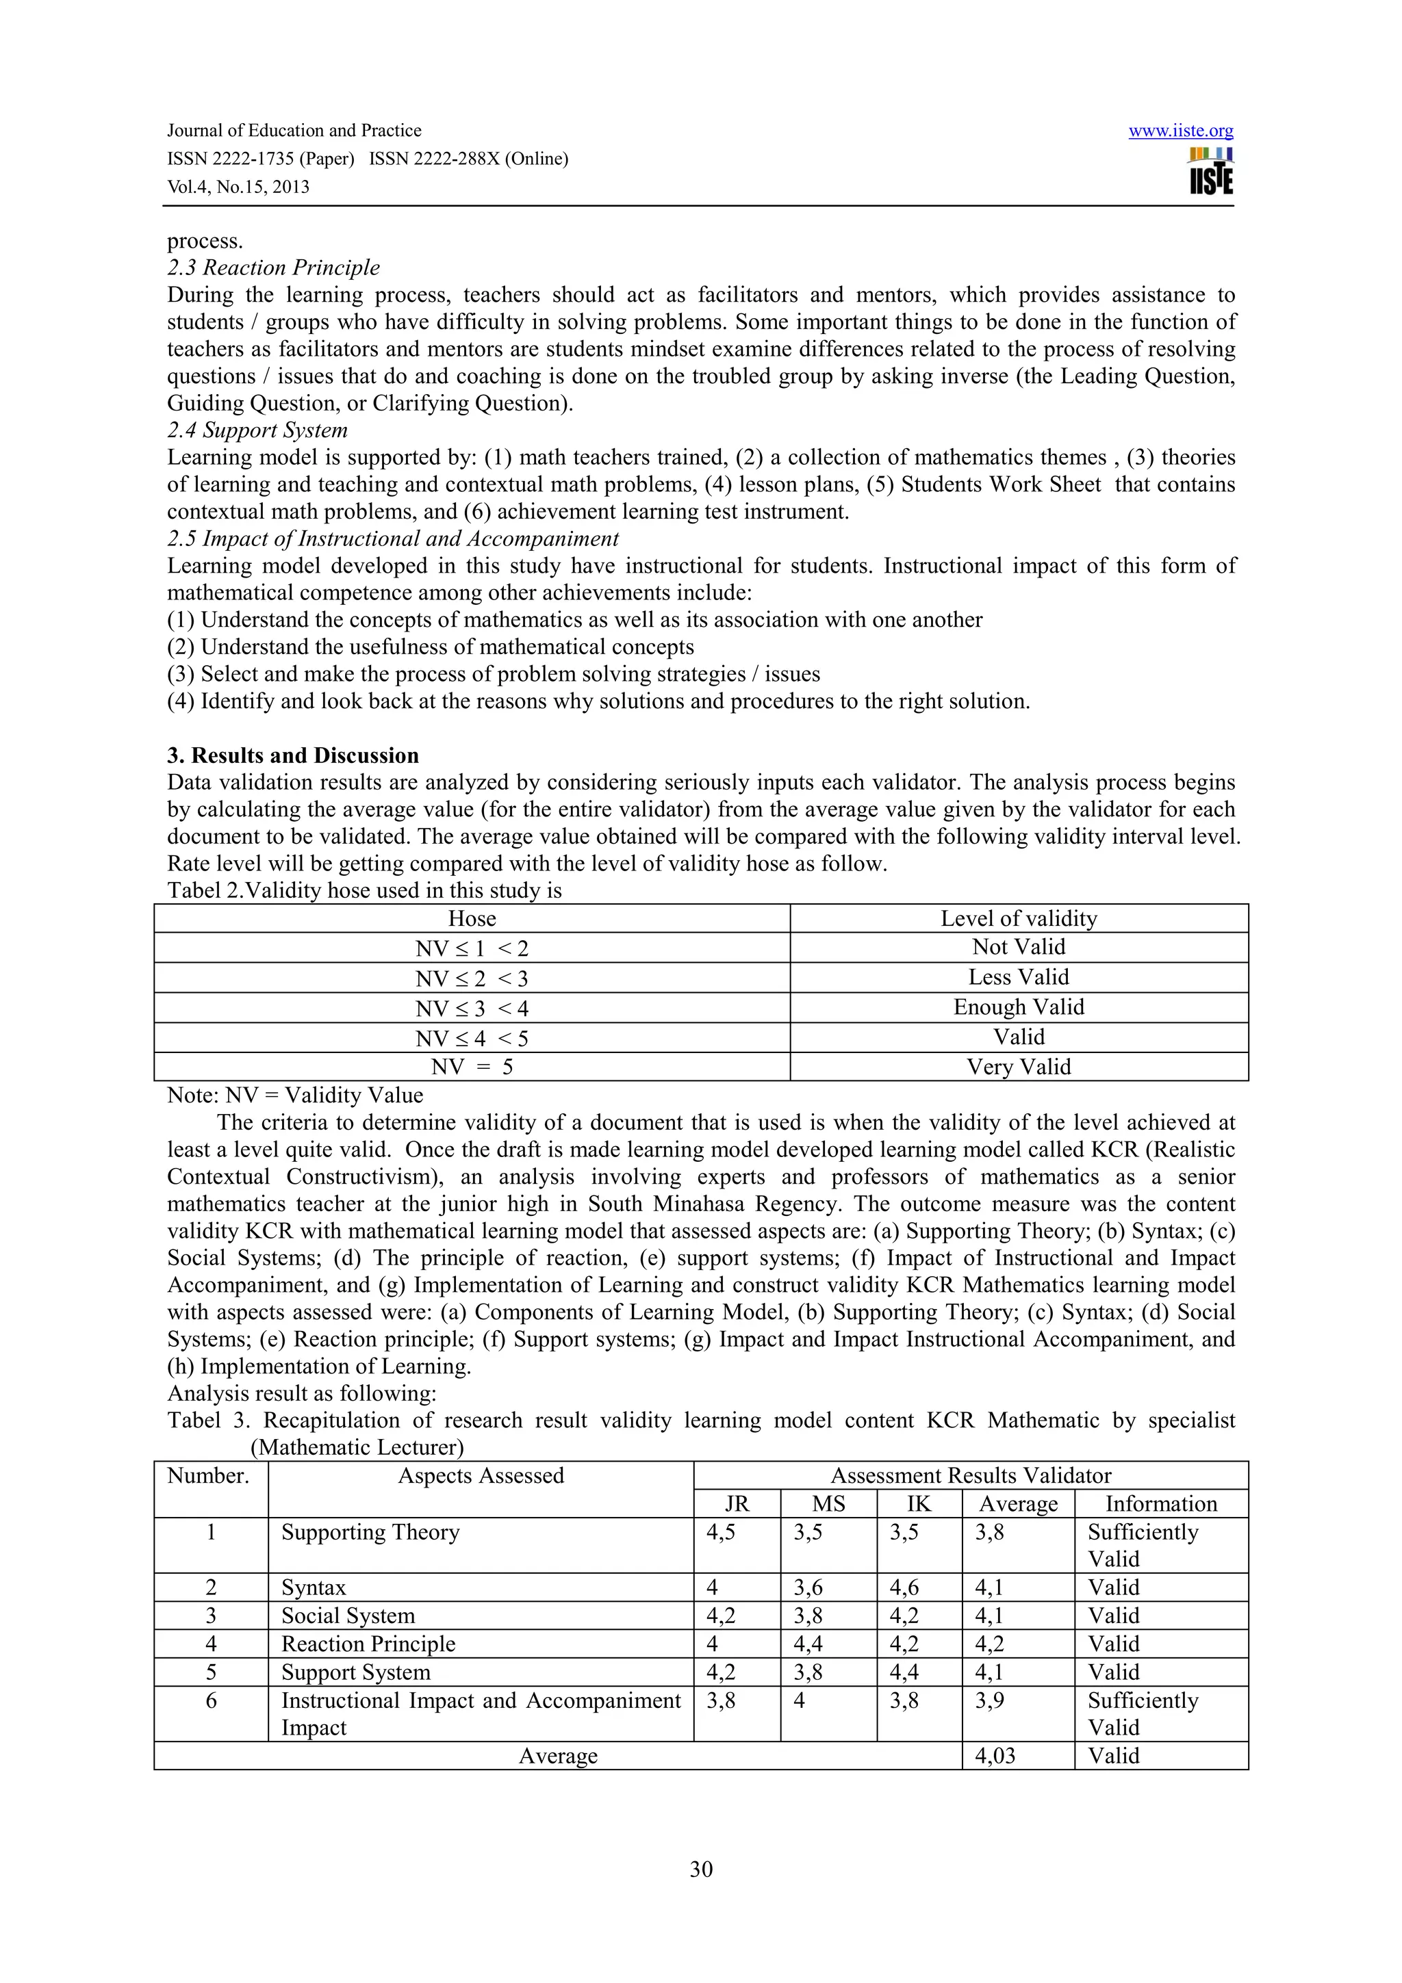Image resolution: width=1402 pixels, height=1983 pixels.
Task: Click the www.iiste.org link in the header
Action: click(1180, 131)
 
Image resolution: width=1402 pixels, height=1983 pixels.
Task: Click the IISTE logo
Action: click(1211, 172)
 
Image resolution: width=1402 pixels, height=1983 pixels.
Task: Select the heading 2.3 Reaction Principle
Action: click(273, 268)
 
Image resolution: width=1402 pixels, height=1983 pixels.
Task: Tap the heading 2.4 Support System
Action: click(257, 430)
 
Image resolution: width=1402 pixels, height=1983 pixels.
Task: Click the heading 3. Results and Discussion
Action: click(293, 755)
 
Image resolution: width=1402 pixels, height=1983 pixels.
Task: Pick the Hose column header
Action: click(472, 919)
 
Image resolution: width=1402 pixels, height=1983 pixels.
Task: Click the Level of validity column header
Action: click(1019, 919)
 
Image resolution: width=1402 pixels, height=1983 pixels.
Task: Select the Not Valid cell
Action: click(1019, 948)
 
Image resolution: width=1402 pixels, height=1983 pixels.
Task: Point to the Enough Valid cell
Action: click(1019, 1007)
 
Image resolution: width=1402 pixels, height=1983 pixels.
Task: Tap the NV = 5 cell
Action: click(472, 1067)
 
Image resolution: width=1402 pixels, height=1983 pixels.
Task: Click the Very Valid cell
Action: click(1019, 1067)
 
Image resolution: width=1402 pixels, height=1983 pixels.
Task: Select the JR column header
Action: click(737, 1505)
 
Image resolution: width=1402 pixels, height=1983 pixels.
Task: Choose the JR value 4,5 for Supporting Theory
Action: click(722, 1533)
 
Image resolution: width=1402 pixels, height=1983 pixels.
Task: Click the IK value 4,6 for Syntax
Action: click(904, 1588)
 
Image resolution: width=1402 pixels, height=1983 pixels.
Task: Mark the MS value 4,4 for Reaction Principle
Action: click(808, 1644)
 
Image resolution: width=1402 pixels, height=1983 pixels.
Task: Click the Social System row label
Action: click(348, 1616)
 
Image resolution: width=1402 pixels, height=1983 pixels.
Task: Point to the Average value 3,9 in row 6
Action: click(990, 1700)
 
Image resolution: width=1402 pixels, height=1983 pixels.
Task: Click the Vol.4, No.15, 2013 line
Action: click(238, 187)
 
